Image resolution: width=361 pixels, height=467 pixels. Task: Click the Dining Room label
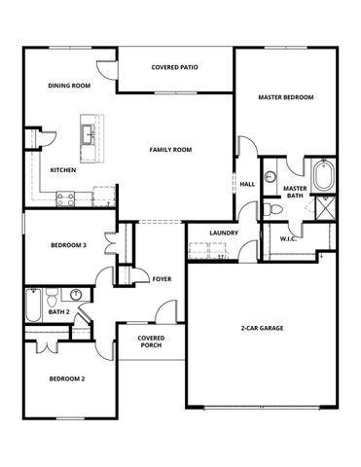click(69, 86)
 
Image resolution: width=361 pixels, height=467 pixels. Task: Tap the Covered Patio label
click(175, 68)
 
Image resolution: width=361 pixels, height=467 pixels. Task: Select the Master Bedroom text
click(285, 97)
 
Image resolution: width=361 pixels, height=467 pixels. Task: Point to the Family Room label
click(170, 150)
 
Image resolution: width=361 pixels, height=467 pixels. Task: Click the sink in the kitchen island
click(89, 131)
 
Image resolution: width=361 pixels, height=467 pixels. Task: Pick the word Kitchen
click(63, 170)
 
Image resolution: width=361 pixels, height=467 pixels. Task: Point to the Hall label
click(247, 183)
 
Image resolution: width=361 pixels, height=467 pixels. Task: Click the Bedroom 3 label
click(69, 246)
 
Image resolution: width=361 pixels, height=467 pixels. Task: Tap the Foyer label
click(162, 279)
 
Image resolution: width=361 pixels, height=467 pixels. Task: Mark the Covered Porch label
click(151, 341)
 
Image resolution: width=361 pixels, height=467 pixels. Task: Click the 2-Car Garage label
click(262, 329)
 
